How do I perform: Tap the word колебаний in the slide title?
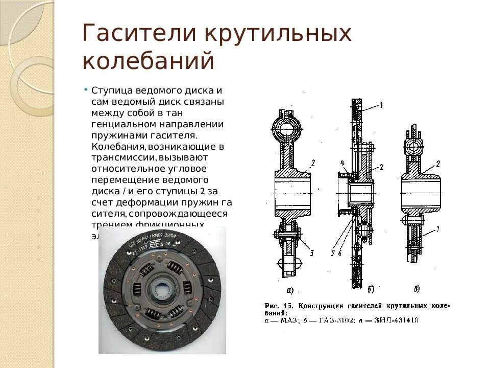148,60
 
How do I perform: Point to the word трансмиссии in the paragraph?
120,157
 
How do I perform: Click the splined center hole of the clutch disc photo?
162,290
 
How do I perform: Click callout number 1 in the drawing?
380,105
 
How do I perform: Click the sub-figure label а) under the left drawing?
290,290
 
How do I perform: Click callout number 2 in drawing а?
312,162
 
